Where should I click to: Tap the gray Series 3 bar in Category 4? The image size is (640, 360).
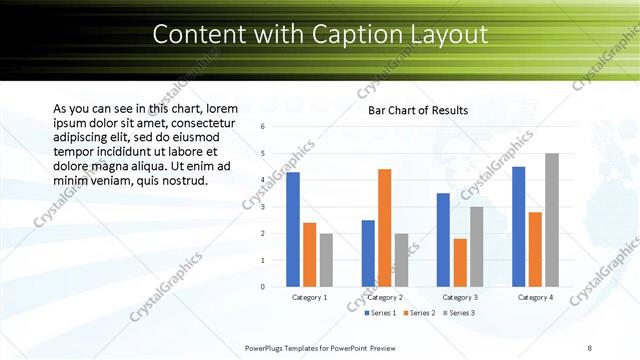click(552, 220)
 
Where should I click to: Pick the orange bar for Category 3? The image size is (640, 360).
click(460, 262)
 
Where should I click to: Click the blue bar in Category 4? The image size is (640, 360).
click(518, 227)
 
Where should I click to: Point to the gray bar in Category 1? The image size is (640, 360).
click(326, 260)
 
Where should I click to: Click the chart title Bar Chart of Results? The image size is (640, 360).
click(418, 110)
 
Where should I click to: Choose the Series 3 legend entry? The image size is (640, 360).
click(458, 313)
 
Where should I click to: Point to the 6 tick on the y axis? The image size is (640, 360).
click(262, 127)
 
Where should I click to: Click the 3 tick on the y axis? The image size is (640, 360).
click(262, 207)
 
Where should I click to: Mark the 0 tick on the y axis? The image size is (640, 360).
click(262, 287)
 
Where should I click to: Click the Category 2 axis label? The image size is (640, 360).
click(385, 297)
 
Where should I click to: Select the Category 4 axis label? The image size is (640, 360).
click(535, 297)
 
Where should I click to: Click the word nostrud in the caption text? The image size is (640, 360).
click(182, 182)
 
